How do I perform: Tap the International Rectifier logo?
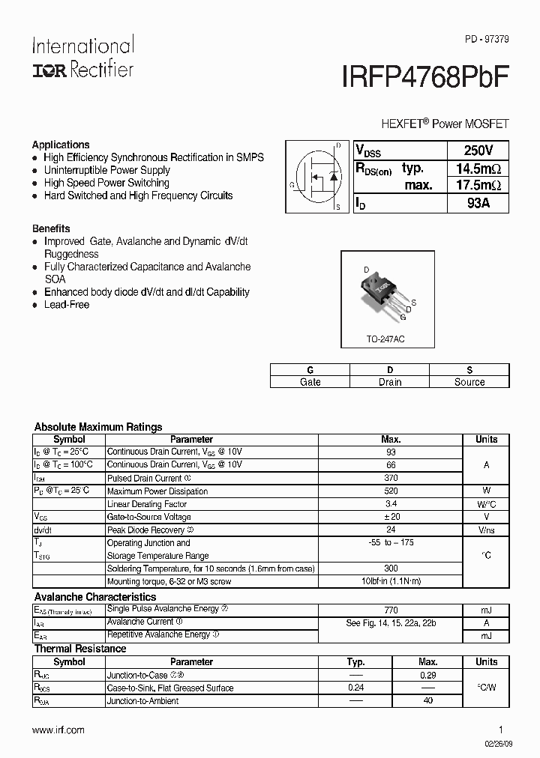click(x=82, y=57)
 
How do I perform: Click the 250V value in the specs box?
click(x=478, y=150)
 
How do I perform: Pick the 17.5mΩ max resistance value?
click(x=478, y=185)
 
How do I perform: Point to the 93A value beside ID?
click(x=478, y=203)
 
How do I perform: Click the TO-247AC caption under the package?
click(x=385, y=339)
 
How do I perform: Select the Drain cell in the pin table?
click(x=389, y=382)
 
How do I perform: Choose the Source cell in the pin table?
click(x=469, y=382)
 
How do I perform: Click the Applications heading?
click(x=61, y=145)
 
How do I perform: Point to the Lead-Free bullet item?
click(x=67, y=305)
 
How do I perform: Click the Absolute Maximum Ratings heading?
click(x=98, y=427)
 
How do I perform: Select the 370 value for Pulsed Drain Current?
click(x=391, y=478)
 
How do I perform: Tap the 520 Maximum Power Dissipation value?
click(x=391, y=491)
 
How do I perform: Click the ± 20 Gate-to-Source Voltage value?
click(x=391, y=517)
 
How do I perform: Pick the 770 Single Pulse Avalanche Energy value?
click(x=391, y=610)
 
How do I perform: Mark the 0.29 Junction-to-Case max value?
click(x=427, y=675)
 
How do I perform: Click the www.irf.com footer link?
click(x=59, y=730)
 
